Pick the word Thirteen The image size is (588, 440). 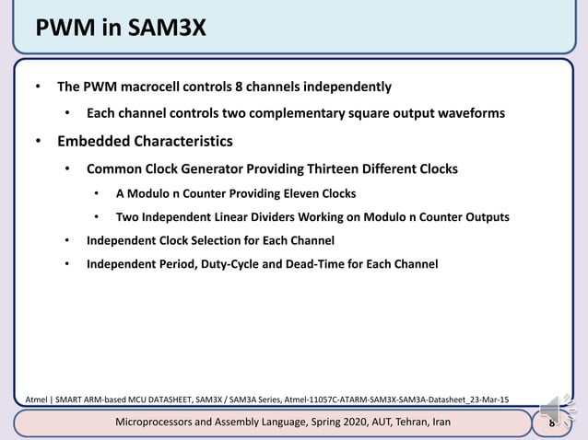[335, 169]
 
